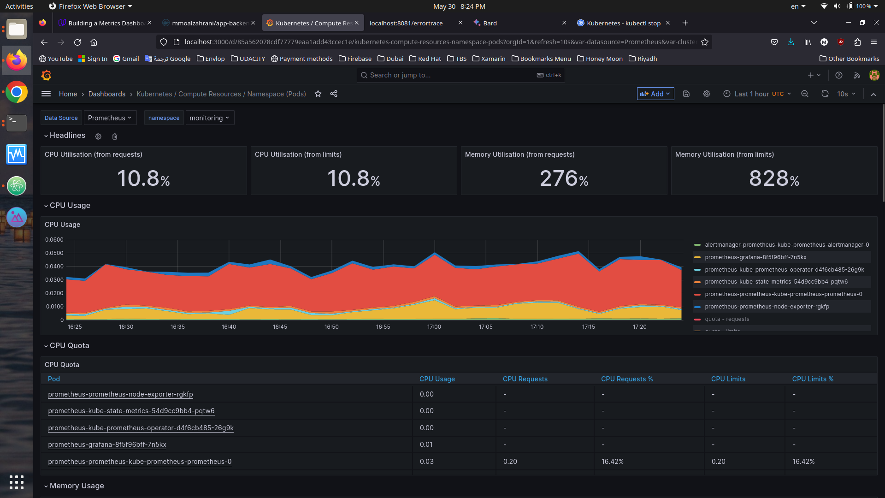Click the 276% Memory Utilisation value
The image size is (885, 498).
(564, 178)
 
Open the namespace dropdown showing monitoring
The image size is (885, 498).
(209, 118)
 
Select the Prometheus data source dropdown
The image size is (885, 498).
(110, 118)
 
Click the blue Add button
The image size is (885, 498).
(655, 94)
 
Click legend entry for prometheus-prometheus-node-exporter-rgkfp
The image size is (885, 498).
(767, 307)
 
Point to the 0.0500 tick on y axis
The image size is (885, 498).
(54, 253)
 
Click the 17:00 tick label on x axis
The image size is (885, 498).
(434, 327)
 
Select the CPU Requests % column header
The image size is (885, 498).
(626, 379)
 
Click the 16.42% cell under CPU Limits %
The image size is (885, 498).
(803, 462)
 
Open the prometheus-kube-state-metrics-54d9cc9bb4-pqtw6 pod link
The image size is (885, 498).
(131, 411)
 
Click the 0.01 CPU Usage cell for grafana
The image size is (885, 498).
(426, 445)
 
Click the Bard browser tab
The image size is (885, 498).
(490, 23)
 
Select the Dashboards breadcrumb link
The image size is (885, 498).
(106, 94)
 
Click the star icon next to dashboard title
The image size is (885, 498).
(318, 94)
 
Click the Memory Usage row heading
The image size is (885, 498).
(77, 486)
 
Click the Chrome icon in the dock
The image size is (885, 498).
(17, 92)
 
